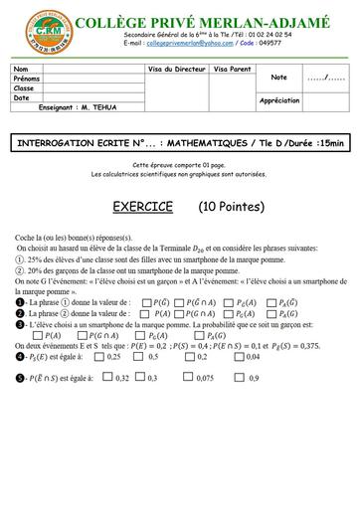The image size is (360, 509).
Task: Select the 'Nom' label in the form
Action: pos(21,69)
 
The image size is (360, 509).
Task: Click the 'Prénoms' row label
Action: pos(27,78)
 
